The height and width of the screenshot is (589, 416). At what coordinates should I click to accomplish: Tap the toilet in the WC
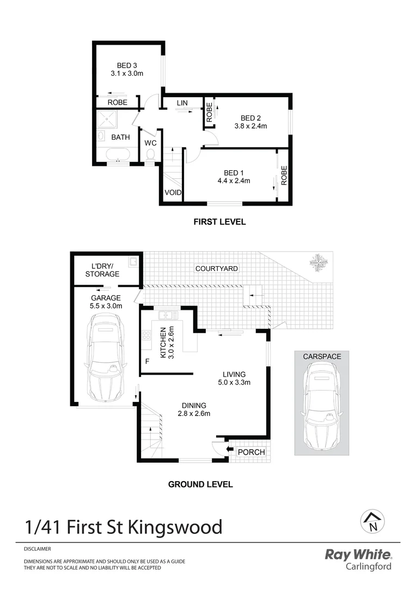pos(150,155)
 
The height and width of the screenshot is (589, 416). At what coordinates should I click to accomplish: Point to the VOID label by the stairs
pos(173,193)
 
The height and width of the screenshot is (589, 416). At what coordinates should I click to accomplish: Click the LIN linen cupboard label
pos(182,103)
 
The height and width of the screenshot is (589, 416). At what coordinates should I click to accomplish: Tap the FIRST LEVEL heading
pos(219,222)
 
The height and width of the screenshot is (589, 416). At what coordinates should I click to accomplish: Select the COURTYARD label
pos(217,268)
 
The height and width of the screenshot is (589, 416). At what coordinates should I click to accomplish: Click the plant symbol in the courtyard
pos(319,263)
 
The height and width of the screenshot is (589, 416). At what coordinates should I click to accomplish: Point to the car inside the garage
pos(106,362)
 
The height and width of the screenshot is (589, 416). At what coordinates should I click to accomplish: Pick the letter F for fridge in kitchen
pos(146,361)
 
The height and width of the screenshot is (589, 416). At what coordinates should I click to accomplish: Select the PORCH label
pos(252,452)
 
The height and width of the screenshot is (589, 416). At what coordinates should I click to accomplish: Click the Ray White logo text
pos(358,555)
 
